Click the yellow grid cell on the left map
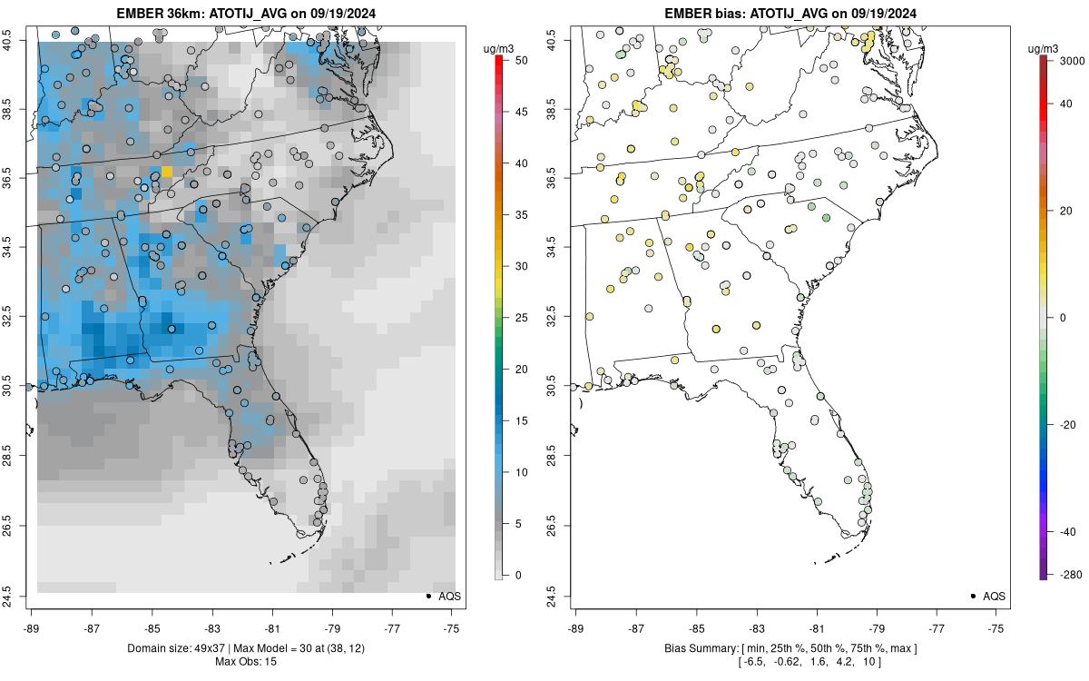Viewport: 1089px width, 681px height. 167,172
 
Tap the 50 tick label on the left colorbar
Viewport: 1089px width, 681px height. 522,60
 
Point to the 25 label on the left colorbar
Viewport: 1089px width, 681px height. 522,318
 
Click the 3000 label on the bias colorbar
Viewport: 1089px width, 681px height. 1072,61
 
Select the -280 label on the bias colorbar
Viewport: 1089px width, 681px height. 1072,575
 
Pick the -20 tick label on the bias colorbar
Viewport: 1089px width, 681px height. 1068,425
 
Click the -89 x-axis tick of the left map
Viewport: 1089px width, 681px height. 32,628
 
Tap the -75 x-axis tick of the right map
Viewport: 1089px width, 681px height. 996,628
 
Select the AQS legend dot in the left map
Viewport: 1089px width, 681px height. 428,596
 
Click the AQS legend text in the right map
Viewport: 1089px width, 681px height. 995,597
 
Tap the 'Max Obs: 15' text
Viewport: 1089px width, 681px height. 246,662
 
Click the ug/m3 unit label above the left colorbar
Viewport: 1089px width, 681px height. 499,49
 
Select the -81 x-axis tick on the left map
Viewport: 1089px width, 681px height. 272,628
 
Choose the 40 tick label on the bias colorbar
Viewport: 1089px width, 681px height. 1065,104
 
